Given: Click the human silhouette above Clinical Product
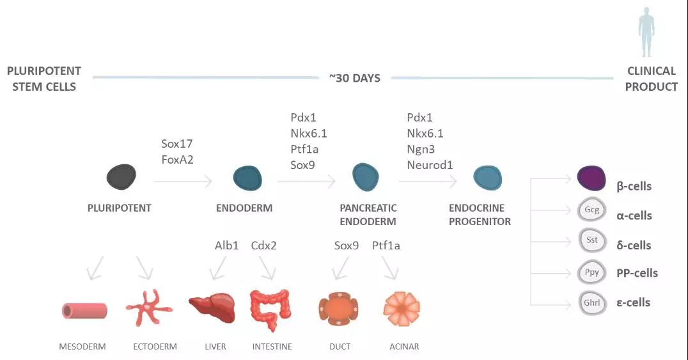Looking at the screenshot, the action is [646, 31].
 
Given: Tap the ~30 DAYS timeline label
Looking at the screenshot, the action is [354, 78].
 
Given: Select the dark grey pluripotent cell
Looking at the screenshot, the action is [121, 176].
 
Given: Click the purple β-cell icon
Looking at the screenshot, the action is [591, 178].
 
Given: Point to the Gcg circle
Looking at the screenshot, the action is [591, 210].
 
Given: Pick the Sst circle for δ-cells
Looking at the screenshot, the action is [592, 240].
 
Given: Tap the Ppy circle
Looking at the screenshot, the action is [592, 272].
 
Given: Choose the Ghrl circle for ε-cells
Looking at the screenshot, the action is [592, 303].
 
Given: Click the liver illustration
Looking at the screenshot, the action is [212, 308].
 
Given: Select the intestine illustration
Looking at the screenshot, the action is [270, 309].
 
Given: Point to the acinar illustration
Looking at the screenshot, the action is [402, 309].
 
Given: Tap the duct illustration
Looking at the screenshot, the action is [338, 309].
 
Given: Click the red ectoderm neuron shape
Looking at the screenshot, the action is [149, 308].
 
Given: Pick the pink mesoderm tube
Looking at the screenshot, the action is [84, 311].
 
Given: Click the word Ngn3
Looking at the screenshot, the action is [421, 149].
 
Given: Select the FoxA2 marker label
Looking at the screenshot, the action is [177, 159].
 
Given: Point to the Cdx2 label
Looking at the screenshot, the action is [263, 246].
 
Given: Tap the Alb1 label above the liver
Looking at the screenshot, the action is [226, 246].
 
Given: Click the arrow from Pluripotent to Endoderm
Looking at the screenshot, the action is [183, 181].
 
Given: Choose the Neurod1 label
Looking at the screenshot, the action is [430, 165].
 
